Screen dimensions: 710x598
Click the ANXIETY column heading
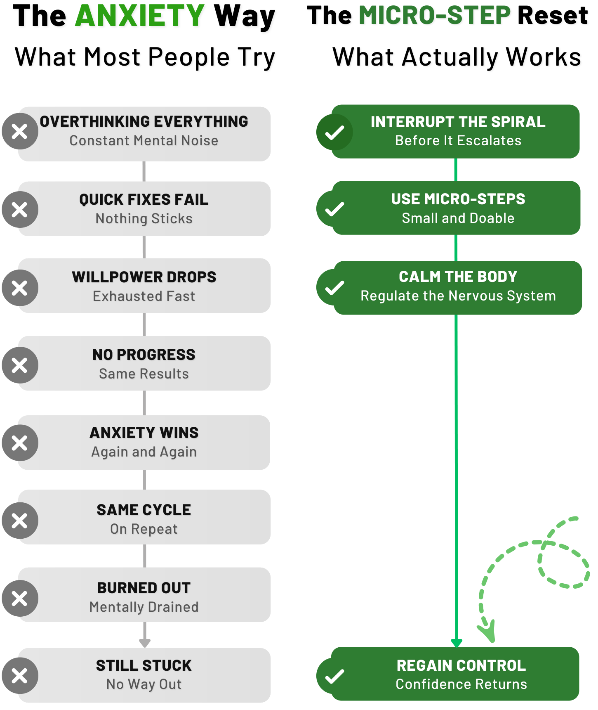point(139,16)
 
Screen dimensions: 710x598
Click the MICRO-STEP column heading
point(435,15)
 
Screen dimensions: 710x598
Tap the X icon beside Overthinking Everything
point(20,132)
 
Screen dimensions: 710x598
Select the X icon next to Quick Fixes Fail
point(20,209)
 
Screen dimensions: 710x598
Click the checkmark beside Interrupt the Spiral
point(334,132)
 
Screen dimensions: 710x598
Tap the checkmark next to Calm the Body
point(334,288)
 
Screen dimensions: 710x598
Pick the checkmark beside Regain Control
point(334,676)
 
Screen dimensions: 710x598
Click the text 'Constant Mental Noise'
point(144,141)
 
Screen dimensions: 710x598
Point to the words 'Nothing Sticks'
point(144,218)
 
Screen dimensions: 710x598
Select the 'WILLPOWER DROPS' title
point(144,277)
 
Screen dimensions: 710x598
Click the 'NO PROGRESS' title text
point(144,355)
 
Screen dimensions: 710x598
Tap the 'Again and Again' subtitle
point(144,452)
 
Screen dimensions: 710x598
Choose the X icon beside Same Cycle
point(20,521)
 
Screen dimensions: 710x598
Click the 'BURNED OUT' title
point(144,588)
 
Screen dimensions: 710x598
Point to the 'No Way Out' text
point(144,684)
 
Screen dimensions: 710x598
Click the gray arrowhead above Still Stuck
point(145,643)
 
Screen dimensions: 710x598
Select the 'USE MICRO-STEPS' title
point(458,199)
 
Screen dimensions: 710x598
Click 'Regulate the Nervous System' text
point(458,296)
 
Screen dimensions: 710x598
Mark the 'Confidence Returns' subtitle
point(461,684)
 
